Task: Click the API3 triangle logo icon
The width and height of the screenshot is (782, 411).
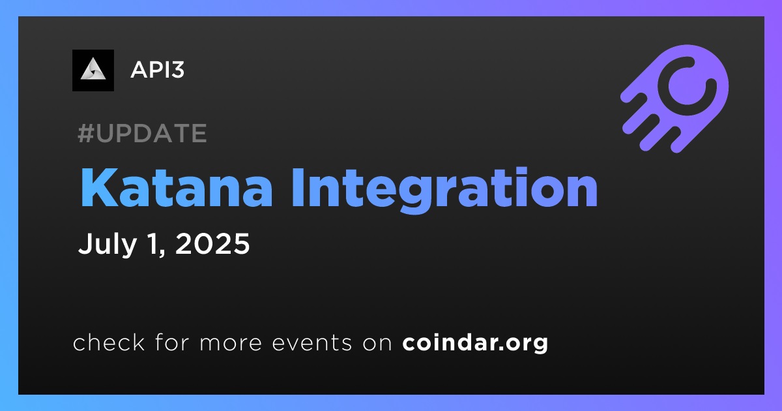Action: [x=93, y=70]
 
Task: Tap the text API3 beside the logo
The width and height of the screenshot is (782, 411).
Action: [x=158, y=70]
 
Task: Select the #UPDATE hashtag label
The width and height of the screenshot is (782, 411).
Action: [x=142, y=133]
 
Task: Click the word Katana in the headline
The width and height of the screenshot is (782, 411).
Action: [x=177, y=188]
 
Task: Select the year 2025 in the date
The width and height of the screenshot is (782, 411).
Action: [x=212, y=243]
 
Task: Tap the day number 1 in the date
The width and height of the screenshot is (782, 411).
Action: [x=154, y=243]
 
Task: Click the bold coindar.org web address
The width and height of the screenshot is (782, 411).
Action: [x=475, y=343]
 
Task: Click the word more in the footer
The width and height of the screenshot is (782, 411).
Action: [x=231, y=343]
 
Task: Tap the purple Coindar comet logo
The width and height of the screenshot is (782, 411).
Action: [x=674, y=99]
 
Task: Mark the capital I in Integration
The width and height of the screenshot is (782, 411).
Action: [x=297, y=189]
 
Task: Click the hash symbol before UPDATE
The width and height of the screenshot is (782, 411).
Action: [x=86, y=133]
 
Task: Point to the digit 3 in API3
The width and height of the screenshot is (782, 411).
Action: [x=178, y=70]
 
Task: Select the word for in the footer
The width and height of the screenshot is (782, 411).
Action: [x=172, y=342]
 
